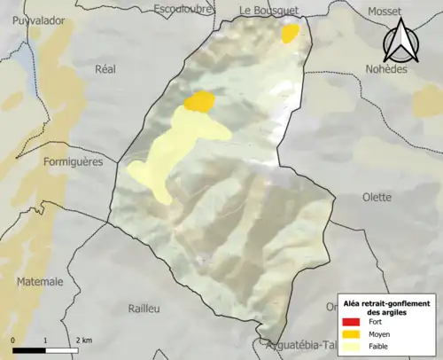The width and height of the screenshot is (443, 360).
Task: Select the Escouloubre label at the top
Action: [x=188, y=9]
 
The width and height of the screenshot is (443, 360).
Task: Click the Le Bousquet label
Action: [x=269, y=9]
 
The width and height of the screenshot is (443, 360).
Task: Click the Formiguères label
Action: [x=73, y=162]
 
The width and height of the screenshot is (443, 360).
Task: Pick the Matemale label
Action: [x=40, y=282]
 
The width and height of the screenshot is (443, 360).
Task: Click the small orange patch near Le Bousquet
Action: [x=290, y=34]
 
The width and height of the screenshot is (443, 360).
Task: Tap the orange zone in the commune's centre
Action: [x=200, y=101]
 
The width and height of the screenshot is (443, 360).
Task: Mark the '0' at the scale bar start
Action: [x=13, y=340]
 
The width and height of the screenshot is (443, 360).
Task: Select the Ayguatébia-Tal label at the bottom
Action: [x=296, y=346]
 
